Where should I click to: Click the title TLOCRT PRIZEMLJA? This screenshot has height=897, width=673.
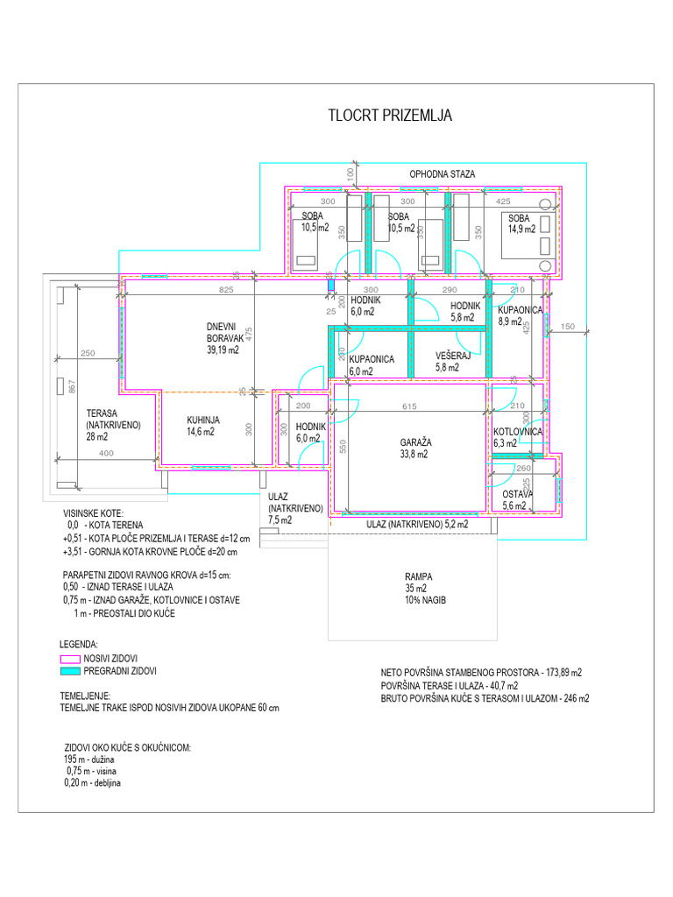click(x=390, y=117)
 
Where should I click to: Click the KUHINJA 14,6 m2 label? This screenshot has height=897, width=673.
click(x=203, y=426)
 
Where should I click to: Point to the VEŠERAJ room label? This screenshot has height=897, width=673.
click(x=454, y=362)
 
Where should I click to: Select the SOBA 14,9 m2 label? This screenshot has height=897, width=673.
click(x=519, y=223)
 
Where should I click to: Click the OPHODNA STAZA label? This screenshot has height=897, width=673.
click(x=443, y=174)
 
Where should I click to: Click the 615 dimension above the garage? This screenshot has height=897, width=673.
click(x=409, y=406)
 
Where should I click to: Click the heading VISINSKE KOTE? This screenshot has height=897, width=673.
click(x=94, y=513)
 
